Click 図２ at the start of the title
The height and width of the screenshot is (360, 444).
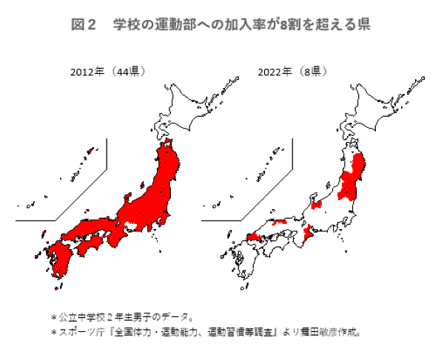tap(83, 24)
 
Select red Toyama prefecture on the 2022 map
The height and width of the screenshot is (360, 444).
tap(317, 205)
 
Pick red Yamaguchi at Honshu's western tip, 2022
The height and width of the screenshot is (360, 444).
tap(250, 237)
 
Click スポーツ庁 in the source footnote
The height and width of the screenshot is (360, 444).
tap(76, 332)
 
